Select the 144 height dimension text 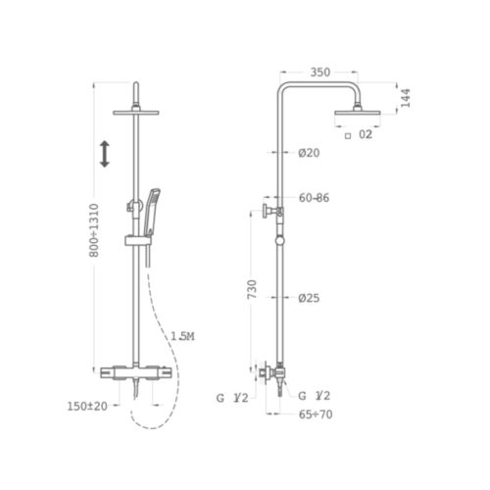[x=404, y=96]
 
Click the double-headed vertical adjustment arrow [x=104, y=153]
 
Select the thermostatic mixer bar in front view [x=136, y=372]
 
